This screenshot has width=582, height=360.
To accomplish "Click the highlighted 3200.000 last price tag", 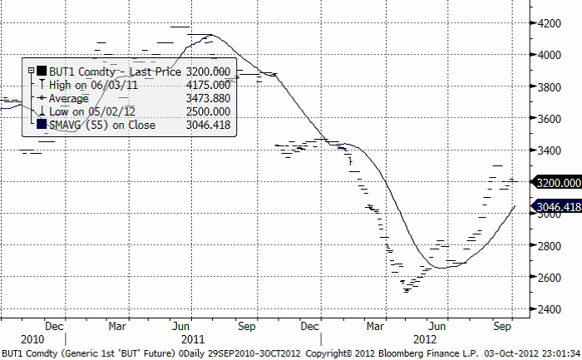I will pos(558,182).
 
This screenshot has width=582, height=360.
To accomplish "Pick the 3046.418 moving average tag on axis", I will pos(558,206).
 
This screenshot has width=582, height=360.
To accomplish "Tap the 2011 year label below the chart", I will pos(192,339).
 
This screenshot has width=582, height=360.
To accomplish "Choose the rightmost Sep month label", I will pos(501,326).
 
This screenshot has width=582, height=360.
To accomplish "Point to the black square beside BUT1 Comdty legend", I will pos(41,72).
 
